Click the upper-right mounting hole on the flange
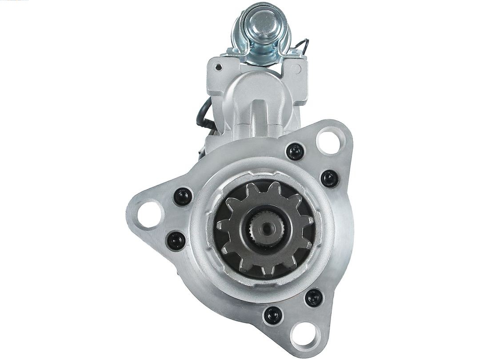point(331,140)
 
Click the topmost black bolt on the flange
point(295,152)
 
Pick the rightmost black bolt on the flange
point(330,178)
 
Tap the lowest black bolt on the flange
point(272,316)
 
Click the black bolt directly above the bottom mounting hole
point(314,297)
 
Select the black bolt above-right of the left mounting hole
point(183,196)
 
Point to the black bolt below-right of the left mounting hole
point(176,240)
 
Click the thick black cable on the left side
point(202,114)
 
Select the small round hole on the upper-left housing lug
point(218,67)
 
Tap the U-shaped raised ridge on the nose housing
point(260,111)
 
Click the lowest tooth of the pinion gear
point(267,271)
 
